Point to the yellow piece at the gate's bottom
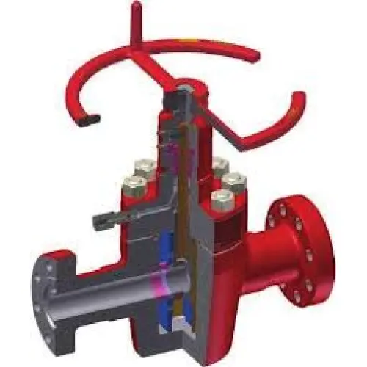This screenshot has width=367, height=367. point(181,326)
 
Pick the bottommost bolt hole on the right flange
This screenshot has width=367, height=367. point(297,297)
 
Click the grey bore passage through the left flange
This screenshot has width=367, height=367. point(110,286)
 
